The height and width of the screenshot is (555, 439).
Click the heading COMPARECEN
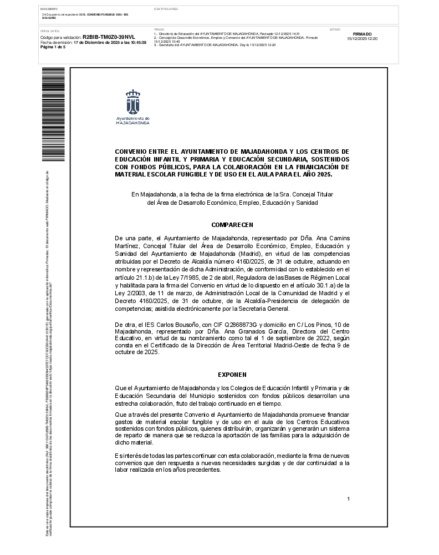point(232,225)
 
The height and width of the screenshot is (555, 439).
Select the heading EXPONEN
point(232,375)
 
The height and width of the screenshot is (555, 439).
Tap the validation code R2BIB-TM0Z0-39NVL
point(109,37)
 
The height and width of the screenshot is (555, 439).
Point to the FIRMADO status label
point(362,34)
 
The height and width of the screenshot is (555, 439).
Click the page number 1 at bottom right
point(348,499)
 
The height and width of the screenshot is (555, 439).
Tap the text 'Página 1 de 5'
point(53,47)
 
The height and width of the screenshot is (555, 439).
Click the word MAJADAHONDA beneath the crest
point(133,123)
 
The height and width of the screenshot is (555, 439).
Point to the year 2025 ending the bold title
point(323,174)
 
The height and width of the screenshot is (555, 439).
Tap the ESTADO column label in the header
point(335,29)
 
